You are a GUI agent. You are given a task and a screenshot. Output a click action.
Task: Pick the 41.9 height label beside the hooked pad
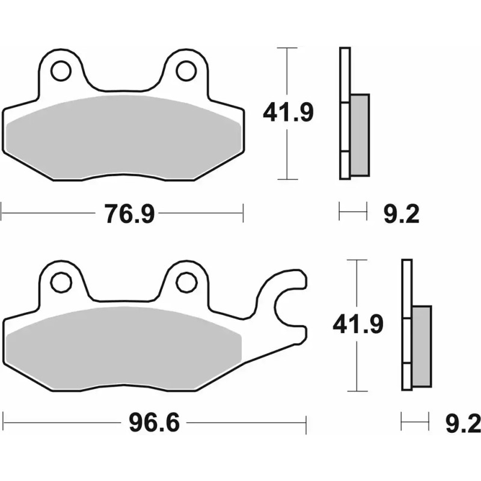tap(358, 325)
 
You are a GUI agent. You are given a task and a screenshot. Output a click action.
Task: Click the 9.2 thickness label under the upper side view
tap(401, 213)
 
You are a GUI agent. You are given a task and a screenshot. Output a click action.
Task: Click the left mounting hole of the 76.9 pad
tap(60, 71)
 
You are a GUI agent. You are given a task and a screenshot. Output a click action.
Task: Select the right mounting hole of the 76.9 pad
tap(186, 71)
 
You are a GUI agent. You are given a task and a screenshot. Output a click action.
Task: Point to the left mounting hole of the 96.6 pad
tap(60, 281)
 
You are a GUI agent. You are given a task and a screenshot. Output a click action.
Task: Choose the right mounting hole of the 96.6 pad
tap(186, 281)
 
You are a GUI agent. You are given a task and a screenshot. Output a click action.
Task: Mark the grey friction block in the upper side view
tap(360, 135)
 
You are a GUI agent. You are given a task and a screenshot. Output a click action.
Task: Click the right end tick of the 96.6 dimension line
tap(307, 423)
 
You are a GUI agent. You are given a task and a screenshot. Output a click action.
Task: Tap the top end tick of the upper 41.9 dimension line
tap(288, 47)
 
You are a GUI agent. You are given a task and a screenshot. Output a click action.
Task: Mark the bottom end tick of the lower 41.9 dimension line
tap(358, 391)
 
